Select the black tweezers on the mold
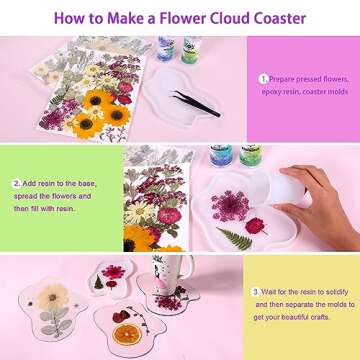click(x=196, y=103)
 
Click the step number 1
click(x=264, y=79)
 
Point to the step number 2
click(x=17, y=183)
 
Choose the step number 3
click(x=255, y=292)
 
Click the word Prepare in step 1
click(x=282, y=80)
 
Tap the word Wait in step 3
click(x=268, y=292)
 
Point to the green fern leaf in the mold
click(x=234, y=239)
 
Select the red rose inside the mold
click(x=255, y=226)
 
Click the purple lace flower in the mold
click(x=230, y=206)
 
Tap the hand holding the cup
click(x=317, y=203)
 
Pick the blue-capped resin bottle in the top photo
click(x=165, y=49)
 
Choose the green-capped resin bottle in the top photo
click(x=191, y=50)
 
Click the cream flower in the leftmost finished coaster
click(x=52, y=297)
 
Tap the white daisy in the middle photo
click(x=140, y=212)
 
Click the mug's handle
click(x=190, y=267)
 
